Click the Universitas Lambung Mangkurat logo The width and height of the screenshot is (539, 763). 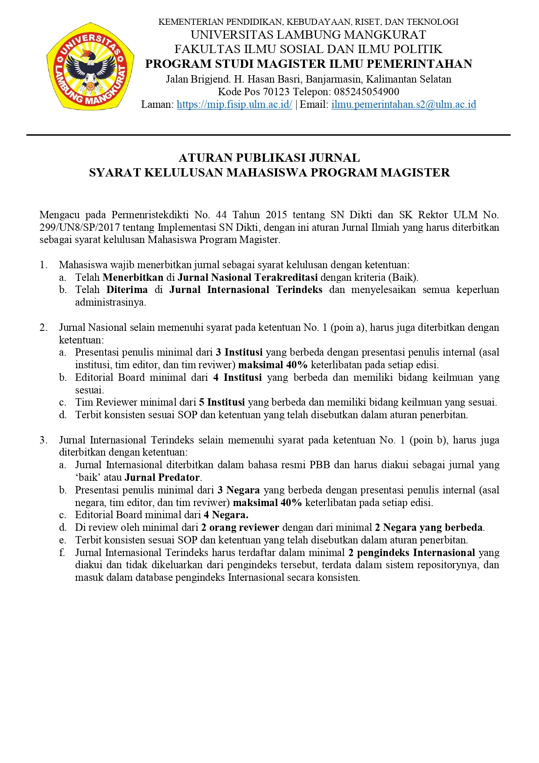coord(90,66)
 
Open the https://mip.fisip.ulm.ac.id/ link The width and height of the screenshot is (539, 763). coord(234,104)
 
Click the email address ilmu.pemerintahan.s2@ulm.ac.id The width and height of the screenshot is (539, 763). coord(403,104)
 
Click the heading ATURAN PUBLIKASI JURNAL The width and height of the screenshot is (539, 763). coord(269,158)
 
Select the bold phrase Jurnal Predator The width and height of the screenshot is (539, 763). coord(162,477)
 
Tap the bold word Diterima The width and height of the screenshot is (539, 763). coord(127,290)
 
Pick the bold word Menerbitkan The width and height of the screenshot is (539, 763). coord(133,277)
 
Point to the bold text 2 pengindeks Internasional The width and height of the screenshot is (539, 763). coord(411,553)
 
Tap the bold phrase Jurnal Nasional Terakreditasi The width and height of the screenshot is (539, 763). coord(248,277)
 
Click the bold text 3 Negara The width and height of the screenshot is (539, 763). coord(238,490)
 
